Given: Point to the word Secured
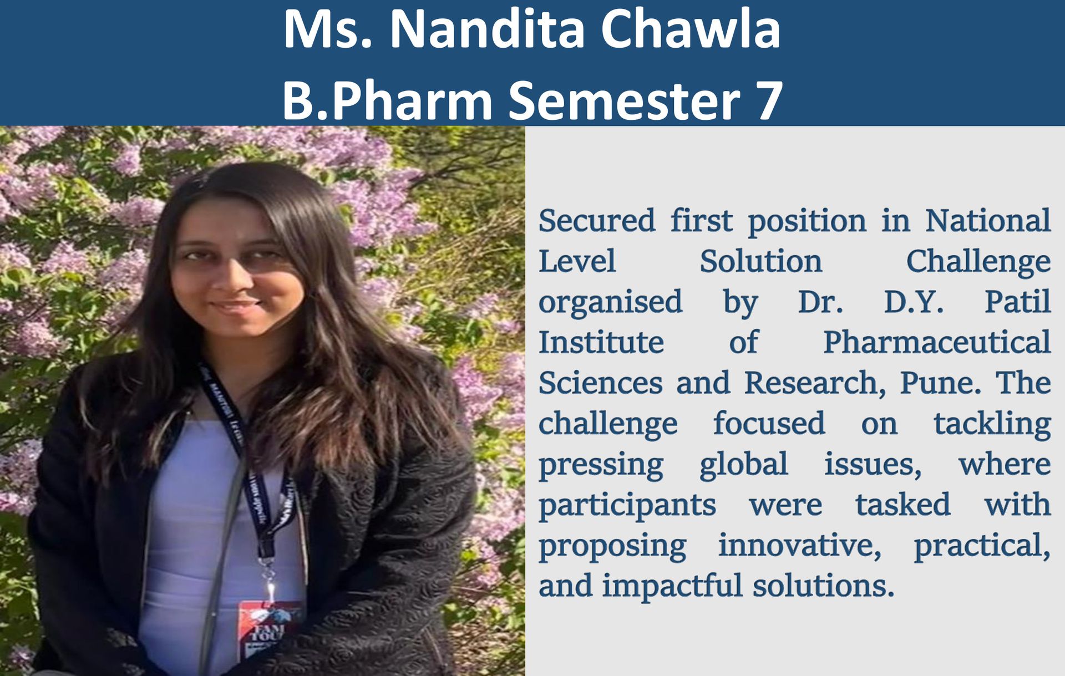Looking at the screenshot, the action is (596, 220).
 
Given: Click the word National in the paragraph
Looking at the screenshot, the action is (987, 220).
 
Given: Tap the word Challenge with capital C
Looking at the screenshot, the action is (978, 262).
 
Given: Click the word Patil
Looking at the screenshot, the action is (1017, 302).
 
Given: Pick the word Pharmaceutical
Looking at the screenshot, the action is (937, 342).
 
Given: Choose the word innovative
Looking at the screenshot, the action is (800, 545).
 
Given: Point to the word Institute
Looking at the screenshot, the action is (601, 342).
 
